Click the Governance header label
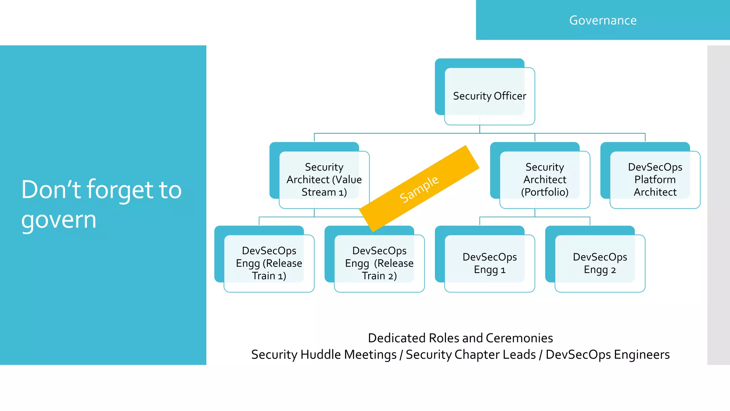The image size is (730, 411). click(x=603, y=20)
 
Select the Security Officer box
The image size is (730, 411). click(x=489, y=96)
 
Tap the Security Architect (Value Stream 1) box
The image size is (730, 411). click(x=324, y=179)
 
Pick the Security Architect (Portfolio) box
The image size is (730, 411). click(x=545, y=179)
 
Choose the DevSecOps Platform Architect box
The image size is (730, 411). click(x=655, y=179)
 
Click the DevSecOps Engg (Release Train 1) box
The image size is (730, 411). click(x=269, y=263)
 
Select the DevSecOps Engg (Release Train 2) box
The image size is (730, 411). click(x=379, y=263)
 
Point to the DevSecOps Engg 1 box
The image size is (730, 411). click(x=489, y=263)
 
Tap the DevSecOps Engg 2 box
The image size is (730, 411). click(x=600, y=263)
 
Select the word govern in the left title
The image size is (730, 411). click(x=59, y=220)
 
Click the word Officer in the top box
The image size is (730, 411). click(x=510, y=96)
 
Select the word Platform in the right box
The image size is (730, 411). click(x=655, y=179)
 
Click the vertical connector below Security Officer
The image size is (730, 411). click(x=480, y=129)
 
